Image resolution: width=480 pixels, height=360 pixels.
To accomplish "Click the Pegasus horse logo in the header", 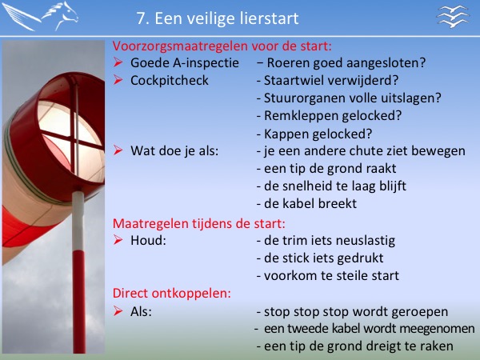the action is pyautogui.click(x=40, y=16).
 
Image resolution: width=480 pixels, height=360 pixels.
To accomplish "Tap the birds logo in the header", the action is pyautogui.click(x=453, y=16).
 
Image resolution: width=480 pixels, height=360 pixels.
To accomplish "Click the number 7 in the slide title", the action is pyautogui.click(x=141, y=18).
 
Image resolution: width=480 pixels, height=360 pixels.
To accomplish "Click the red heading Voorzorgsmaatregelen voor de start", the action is pyautogui.click(x=222, y=46).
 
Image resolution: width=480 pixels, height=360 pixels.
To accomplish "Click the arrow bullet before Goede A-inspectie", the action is pyautogui.click(x=118, y=62).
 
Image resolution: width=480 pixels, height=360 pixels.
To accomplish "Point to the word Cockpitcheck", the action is pyautogui.click(x=170, y=81).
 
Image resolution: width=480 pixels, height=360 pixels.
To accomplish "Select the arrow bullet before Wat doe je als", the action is pyautogui.click(x=118, y=150).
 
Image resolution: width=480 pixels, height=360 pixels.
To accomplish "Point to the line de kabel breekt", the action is pyautogui.click(x=306, y=203).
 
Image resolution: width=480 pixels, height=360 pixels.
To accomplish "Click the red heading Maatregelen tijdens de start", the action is pyautogui.click(x=199, y=223).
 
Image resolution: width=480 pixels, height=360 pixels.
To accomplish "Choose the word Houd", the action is pyautogui.click(x=148, y=240).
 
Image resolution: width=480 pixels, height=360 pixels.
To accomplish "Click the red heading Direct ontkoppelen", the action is pyautogui.click(x=172, y=294).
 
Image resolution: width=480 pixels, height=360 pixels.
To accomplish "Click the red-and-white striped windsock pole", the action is pyautogui.click(x=79, y=273).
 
